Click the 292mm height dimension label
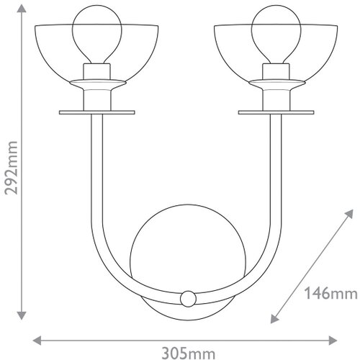point(12,168)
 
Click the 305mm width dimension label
point(189,354)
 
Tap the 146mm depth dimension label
point(330,293)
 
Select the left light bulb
point(97,35)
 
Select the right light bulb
point(276,35)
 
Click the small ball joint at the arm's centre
point(188,299)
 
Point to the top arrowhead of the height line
point(22,9)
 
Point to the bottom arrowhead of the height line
point(22,315)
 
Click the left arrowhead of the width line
point(37,341)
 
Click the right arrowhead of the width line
point(333,341)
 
